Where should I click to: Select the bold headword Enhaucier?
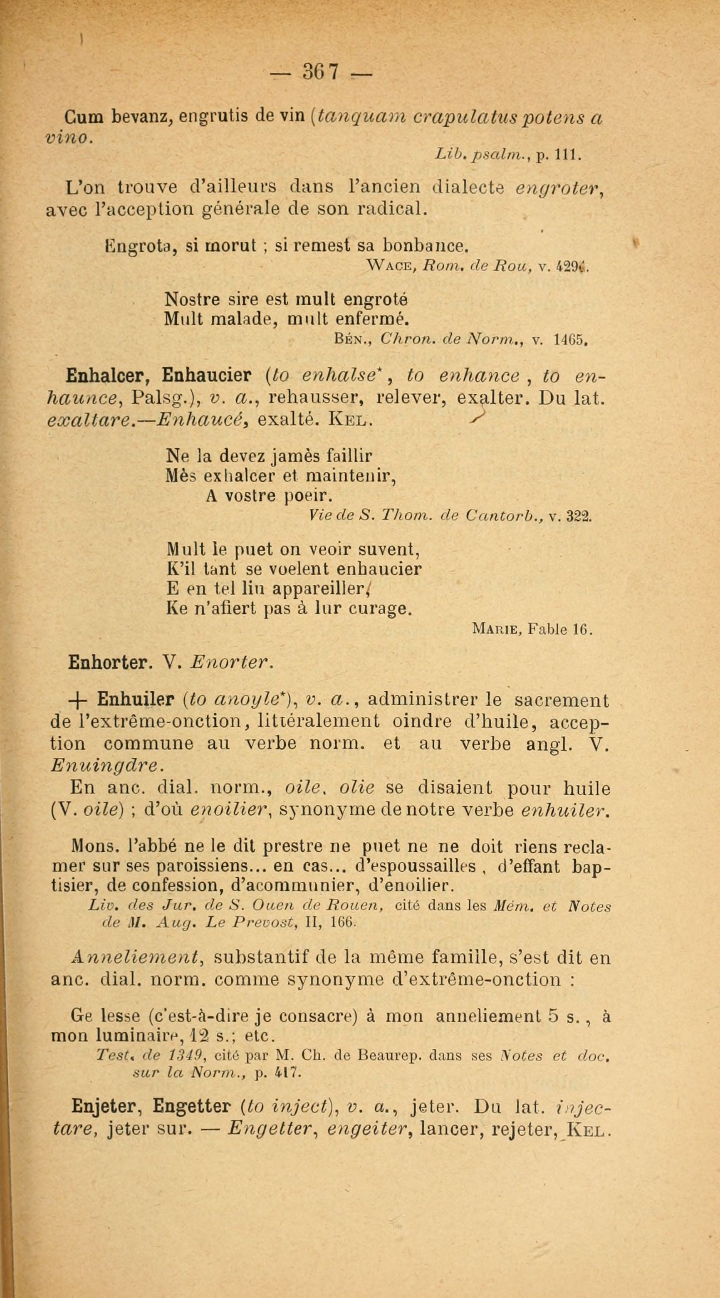tap(207, 376)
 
